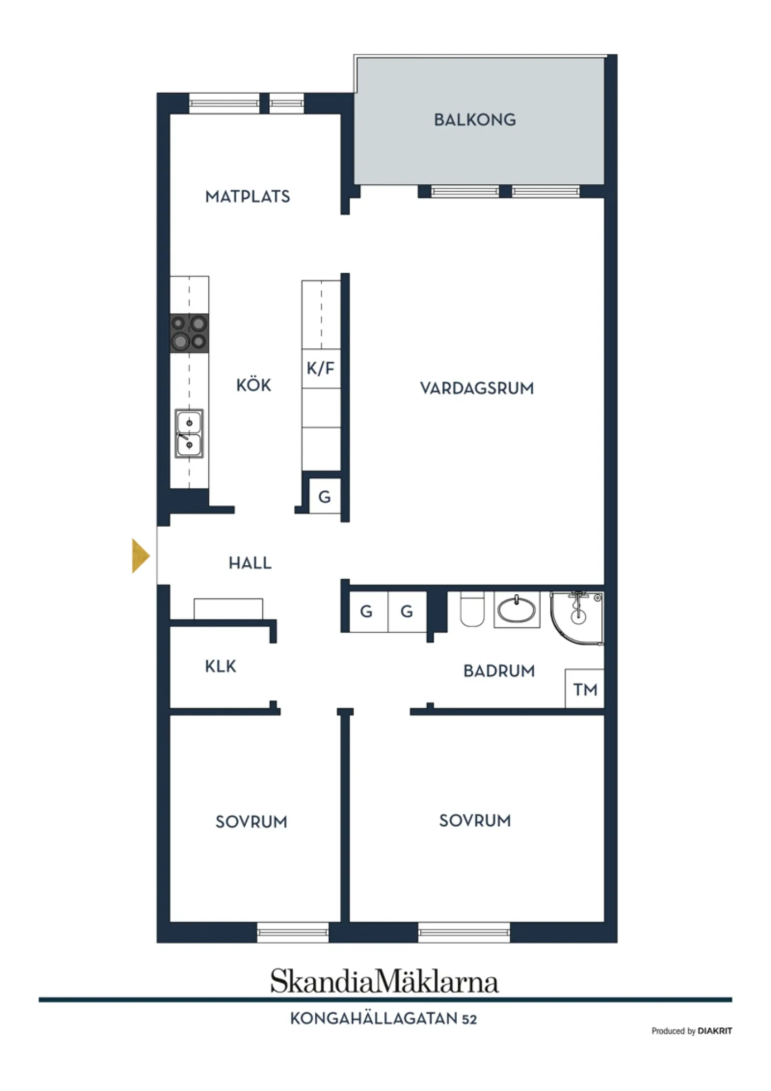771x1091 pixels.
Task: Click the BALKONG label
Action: [x=475, y=119]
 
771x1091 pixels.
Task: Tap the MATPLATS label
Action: [x=247, y=197]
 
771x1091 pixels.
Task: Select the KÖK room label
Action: [x=253, y=385]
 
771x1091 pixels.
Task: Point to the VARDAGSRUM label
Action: [x=477, y=388]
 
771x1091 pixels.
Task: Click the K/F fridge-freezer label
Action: [x=321, y=368]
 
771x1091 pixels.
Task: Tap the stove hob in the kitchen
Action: [x=189, y=333]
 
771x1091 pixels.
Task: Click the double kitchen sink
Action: [x=189, y=434]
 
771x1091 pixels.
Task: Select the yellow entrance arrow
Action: [x=140, y=556]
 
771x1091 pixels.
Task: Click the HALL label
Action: [x=250, y=563]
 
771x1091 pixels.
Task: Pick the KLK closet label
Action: [x=220, y=666]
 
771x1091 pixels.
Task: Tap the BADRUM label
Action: [x=499, y=671]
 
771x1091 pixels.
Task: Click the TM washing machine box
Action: [x=585, y=689]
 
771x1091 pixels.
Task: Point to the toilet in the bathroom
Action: [x=472, y=609]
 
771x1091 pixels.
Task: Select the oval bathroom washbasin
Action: [x=516, y=609]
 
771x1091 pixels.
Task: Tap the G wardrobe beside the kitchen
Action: [x=324, y=497]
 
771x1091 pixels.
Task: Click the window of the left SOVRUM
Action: [x=293, y=932]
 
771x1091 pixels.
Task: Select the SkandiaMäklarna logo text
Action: [x=384, y=982]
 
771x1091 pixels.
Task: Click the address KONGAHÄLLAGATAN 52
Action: [x=383, y=1019]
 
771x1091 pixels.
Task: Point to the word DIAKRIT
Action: [x=715, y=1031]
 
